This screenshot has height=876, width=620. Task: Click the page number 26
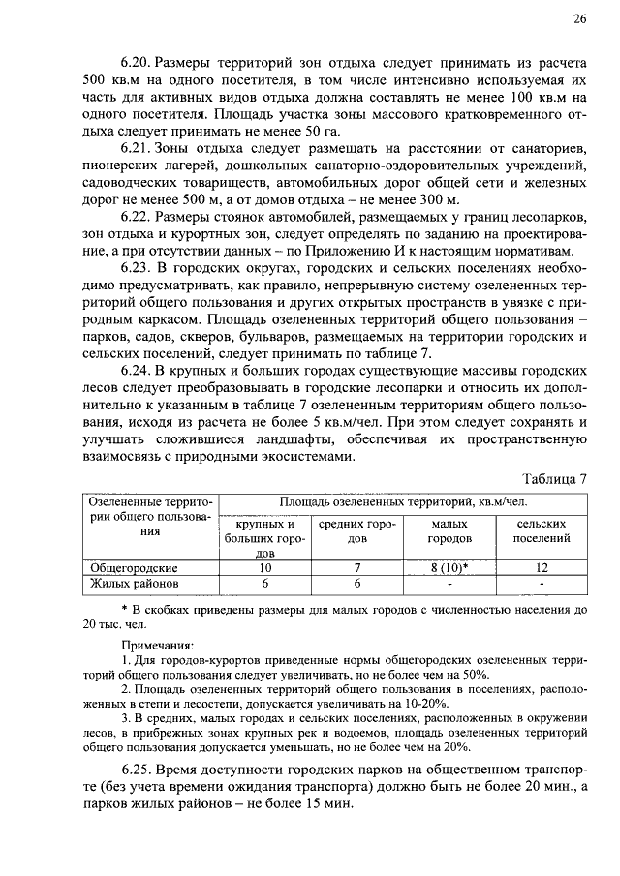pos(579,18)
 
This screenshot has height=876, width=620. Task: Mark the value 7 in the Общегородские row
pos(357,568)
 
